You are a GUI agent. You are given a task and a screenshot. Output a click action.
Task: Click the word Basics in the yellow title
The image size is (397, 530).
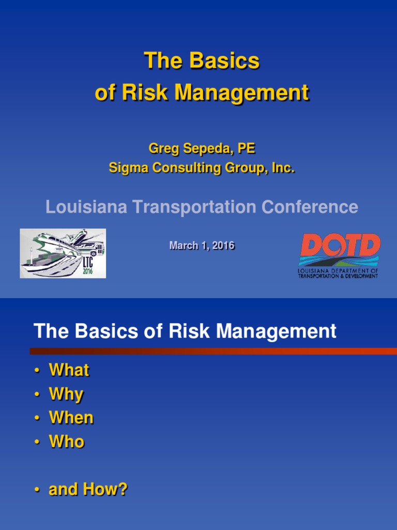pos(224,61)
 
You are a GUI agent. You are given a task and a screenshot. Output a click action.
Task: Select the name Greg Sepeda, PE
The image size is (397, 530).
pos(202,149)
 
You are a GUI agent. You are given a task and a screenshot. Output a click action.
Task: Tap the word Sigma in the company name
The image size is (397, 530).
pos(125,168)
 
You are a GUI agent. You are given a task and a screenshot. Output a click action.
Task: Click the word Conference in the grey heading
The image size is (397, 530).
pos(310,207)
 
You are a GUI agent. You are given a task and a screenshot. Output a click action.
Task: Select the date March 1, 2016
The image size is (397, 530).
pos(202,246)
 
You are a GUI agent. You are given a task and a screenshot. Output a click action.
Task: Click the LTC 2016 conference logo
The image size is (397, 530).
pos(63,253)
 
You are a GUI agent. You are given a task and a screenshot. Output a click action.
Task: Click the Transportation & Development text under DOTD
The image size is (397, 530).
pos(338,276)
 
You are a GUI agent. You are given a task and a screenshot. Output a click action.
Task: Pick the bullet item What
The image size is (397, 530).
pos(69,370)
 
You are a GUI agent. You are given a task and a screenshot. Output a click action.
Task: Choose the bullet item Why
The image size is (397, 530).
pos(66,394)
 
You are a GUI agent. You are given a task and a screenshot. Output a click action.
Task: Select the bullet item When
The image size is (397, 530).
pos(71,418)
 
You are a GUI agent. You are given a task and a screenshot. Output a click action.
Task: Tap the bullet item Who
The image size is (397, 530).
pos(67,441)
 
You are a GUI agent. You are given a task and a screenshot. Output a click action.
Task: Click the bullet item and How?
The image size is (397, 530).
pos(88,490)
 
